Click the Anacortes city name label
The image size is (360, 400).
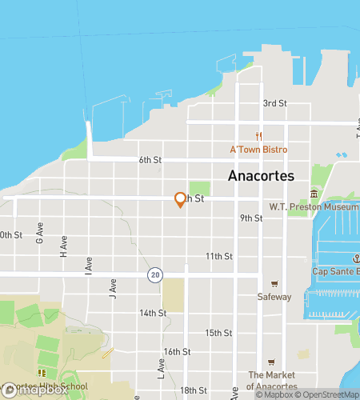[261, 176]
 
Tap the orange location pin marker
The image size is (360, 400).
[180, 200]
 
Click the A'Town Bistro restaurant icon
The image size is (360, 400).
[258, 137]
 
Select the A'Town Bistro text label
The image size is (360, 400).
[258, 150]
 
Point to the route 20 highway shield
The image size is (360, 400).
[154, 274]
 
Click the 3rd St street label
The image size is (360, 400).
[275, 103]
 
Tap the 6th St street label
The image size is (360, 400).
[150, 160]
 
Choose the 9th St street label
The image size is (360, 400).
[251, 218]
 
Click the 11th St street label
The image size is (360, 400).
[218, 257]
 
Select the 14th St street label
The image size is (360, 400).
[151, 313]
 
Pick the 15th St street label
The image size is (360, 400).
[218, 333]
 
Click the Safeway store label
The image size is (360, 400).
[274, 297]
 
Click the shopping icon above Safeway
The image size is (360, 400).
[274, 284]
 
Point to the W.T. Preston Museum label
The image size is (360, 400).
[314, 206]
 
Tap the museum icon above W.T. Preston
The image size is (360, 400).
[314, 194]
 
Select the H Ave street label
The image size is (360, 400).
[63, 250]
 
